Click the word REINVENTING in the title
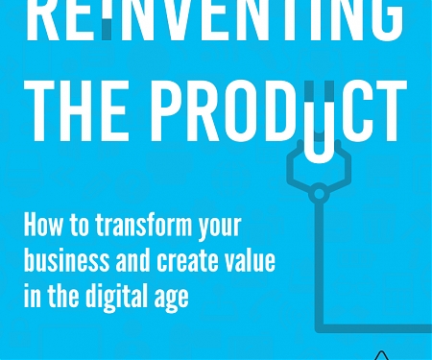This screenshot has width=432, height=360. [x=212, y=17]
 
